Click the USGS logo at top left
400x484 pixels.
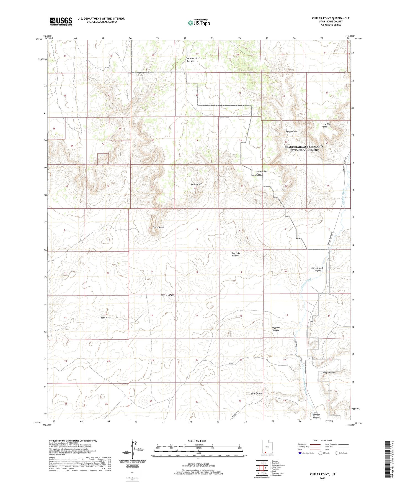coord(61,21)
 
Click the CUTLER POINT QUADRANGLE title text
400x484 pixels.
coord(331,18)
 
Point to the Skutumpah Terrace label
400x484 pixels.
coord(192,60)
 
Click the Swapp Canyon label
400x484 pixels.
coord(292,131)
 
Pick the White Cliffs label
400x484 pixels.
coord(197,184)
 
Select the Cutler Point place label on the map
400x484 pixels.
coord(158,227)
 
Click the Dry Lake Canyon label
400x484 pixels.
coord(235,254)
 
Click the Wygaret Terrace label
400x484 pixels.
coord(276,329)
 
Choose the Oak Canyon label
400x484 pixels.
coord(257,393)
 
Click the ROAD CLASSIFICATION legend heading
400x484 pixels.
coord(322,440)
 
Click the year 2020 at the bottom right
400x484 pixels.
coord(322,478)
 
